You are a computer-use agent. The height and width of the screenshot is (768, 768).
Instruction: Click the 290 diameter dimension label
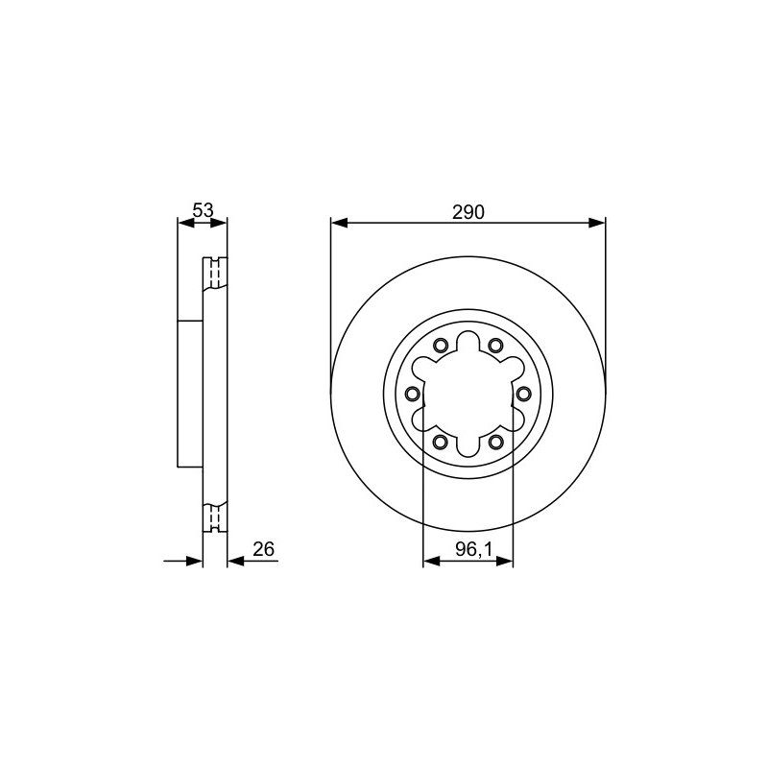tap(468, 212)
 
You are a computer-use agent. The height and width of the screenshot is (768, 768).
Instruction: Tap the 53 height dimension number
tap(203, 210)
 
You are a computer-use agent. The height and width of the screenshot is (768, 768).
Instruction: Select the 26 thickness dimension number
tap(263, 549)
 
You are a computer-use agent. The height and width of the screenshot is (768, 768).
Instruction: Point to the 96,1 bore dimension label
tap(468, 549)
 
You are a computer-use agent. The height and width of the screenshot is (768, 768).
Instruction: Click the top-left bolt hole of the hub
tap(441, 346)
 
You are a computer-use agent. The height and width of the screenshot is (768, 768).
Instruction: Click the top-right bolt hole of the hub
tap(495, 346)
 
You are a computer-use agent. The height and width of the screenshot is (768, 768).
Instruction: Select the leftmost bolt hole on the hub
tap(413, 394)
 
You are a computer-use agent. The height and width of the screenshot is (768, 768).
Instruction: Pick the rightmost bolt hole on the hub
tap(523, 394)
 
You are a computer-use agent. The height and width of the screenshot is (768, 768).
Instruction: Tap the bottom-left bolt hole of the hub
tap(441, 442)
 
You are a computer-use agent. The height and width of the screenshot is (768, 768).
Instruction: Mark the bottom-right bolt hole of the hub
tap(495, 442)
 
